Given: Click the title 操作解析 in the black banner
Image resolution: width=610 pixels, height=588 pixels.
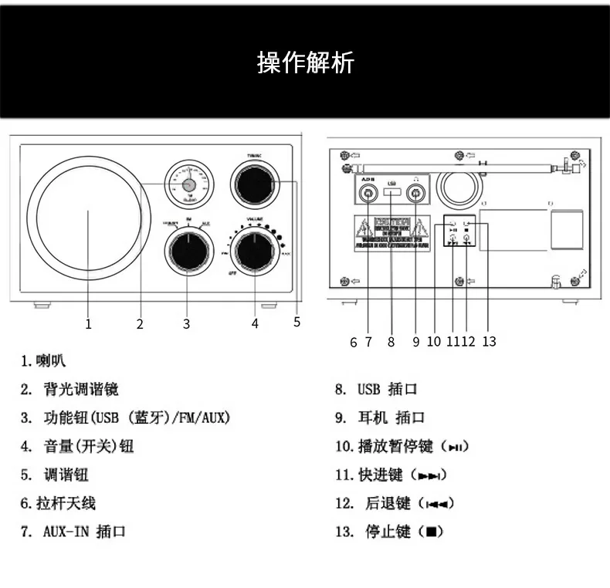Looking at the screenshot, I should pos(305,63).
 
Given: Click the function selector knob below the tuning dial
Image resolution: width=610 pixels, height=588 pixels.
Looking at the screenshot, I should pos(186,250).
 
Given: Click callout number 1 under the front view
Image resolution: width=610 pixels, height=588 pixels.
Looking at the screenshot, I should pos(88,324).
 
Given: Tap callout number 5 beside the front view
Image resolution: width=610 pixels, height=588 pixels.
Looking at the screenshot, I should pos(297,323).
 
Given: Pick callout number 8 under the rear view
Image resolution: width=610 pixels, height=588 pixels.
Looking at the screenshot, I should pos(391,341).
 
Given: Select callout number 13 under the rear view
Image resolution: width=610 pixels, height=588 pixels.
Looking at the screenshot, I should pos(488,341).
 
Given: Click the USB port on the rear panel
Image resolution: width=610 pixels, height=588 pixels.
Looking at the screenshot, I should pos(392,192).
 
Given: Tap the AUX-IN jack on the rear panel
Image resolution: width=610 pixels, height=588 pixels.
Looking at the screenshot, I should pos(368,193).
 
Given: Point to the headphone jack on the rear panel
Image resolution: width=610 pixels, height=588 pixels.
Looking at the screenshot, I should pos(416,193).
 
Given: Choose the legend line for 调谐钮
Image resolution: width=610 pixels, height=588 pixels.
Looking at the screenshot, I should pos(66,475).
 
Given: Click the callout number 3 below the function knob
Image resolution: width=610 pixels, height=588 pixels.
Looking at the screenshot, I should pos(186,324).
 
